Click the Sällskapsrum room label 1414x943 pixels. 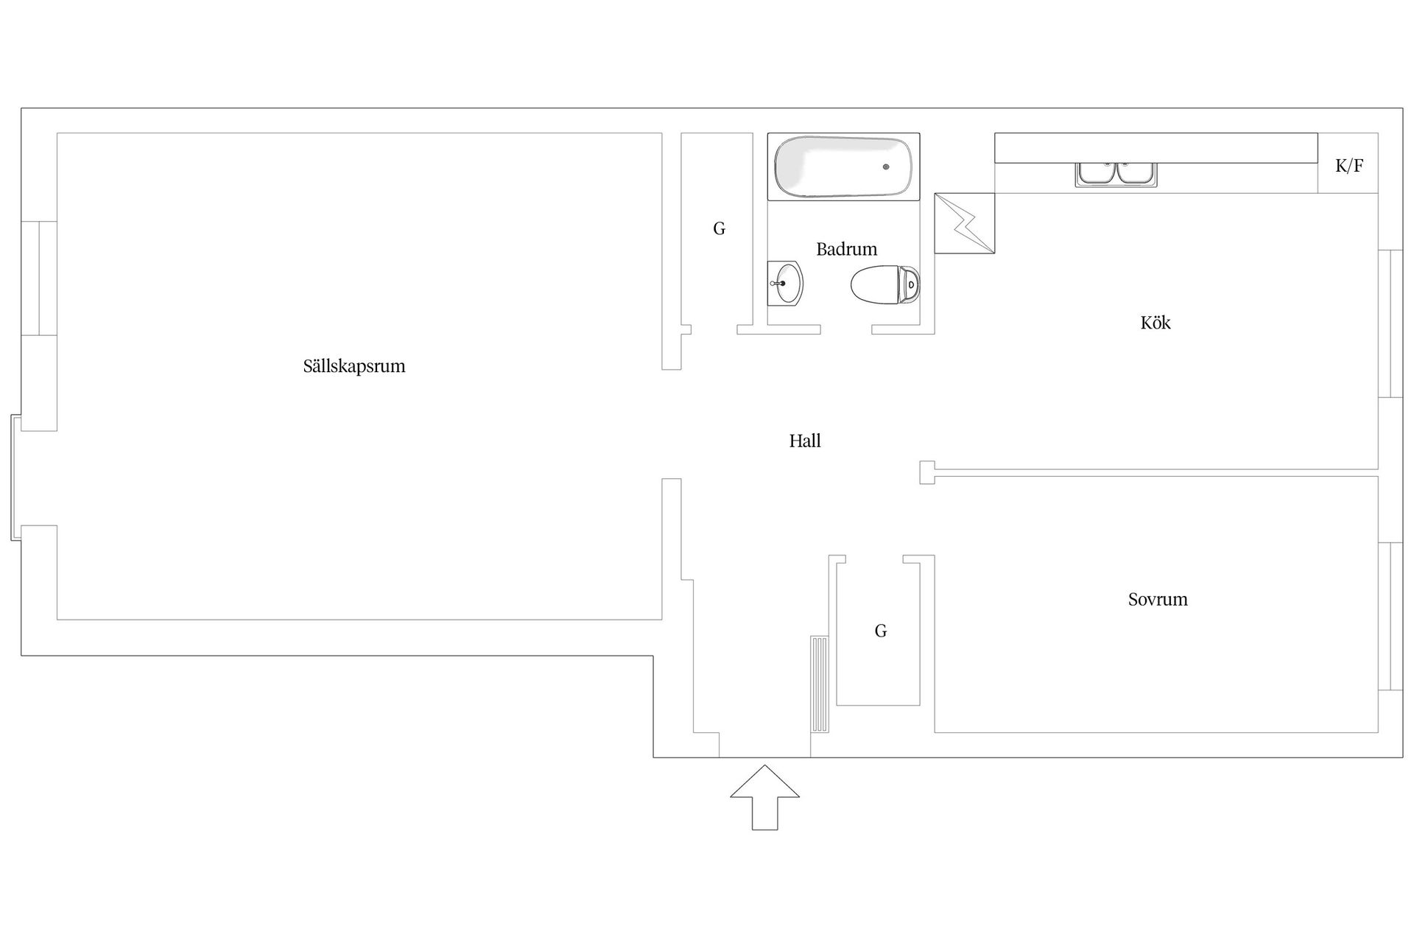[354, 366]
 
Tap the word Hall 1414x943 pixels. [805, 441]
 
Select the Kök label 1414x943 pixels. [1155, 322]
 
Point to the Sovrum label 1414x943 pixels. [1158, 599]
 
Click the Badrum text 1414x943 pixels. [846, 249]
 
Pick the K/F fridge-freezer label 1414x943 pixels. [1349, 165]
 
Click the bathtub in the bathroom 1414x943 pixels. [843, 166]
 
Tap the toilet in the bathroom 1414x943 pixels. [885, 284]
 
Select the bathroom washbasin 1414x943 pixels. [785, 283]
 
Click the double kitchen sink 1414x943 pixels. [1116, 174]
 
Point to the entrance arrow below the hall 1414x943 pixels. [764, 797]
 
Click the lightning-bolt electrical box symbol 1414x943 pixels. [965, 223]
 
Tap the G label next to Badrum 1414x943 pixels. [719, 228]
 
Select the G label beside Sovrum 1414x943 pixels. [881, 631]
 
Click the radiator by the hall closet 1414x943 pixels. [820, 684]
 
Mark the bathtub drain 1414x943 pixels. [886, 167]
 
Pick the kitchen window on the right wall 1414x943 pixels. [1390, 324]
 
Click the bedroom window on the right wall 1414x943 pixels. [1390, 616]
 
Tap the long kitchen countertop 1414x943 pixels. [1156, 148]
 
